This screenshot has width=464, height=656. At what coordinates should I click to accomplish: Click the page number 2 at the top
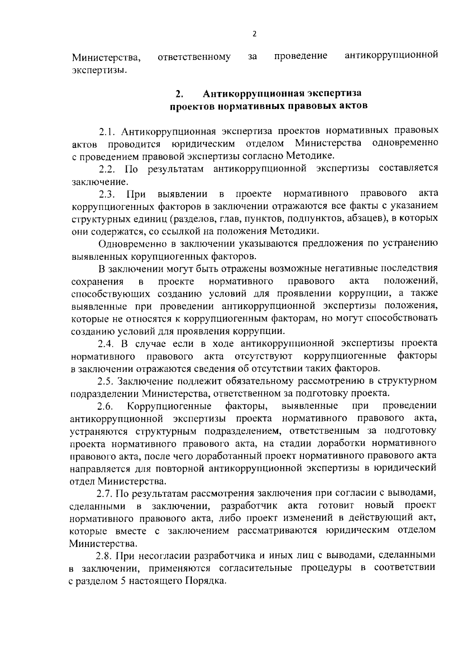tap(254, 34)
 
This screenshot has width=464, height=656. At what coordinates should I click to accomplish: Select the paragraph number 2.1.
tap(107, 131)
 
